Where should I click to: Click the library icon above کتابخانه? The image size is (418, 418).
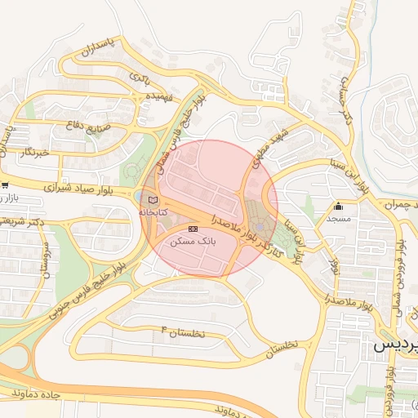pos(153,199)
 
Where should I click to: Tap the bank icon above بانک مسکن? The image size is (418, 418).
pos(193,229)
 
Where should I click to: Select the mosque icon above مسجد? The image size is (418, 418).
pos(339,206)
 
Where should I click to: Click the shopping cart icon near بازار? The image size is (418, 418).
pos(5,185)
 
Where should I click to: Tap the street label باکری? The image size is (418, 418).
pos(139,78)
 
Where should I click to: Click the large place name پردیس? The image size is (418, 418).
pos(396,345)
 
